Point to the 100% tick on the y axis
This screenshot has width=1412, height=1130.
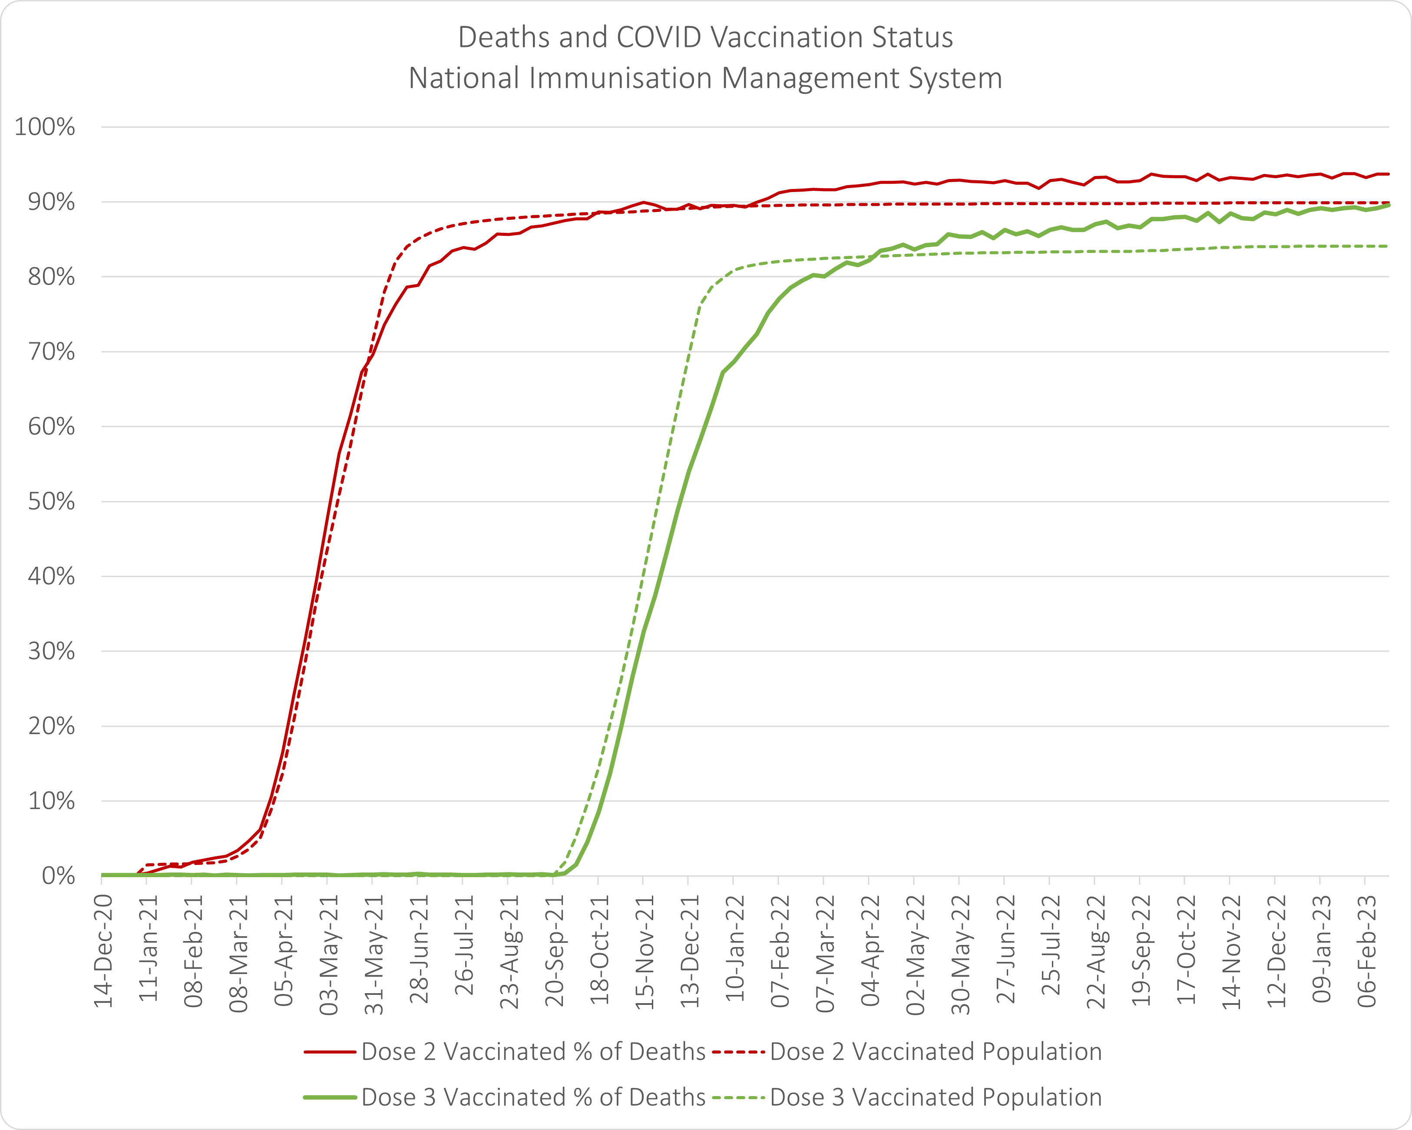(45, 127)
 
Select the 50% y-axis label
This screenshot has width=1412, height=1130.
(51, 502)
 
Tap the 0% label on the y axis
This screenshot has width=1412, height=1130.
(58, 876)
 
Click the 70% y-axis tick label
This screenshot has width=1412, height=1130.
(51, 352)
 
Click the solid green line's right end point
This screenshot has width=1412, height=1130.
(1389, 205)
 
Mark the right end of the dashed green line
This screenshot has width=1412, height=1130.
(1389, 246)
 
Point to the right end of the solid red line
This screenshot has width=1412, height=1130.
(1389, 174)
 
